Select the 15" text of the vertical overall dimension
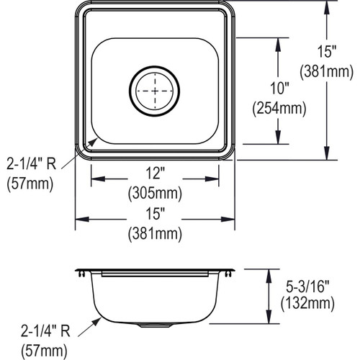(x=328, y=52)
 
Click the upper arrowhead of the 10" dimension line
(x=277, y=42)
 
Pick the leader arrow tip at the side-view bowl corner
(x=100, y=315)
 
